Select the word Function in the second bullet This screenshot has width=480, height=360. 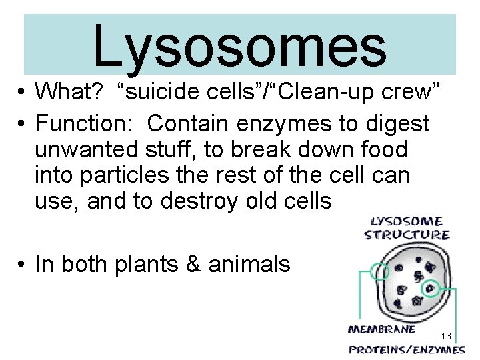point(85,123)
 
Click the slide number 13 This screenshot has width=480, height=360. point(446,335)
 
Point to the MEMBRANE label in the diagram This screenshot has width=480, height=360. point(382,328)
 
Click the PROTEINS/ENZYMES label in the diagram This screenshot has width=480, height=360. point(407,349)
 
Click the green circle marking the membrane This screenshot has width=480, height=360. point(381,272)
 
